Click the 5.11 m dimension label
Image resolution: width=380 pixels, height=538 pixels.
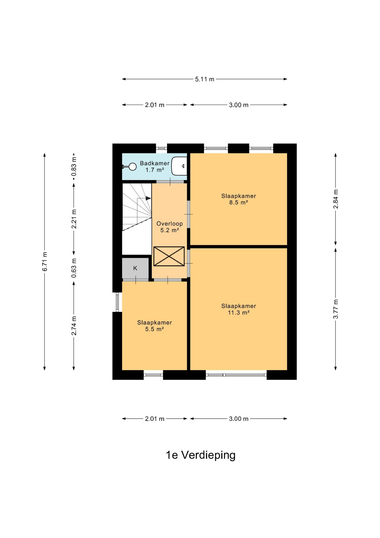205,79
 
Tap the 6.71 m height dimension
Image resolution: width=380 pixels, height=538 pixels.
45,261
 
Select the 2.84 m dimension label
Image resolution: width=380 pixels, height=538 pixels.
336,199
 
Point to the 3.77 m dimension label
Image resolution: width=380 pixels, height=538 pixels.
336,309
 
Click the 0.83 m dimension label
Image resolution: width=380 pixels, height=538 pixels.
74,166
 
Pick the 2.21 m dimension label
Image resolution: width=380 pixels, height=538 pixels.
74,219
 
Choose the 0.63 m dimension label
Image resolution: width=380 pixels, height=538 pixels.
74,268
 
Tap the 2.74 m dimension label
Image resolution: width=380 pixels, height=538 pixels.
74,326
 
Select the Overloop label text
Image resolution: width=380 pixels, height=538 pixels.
170,224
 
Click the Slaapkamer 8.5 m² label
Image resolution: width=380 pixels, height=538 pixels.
239,199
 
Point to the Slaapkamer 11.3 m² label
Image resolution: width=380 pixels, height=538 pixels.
239,309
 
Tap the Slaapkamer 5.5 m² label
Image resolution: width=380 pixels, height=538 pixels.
154,326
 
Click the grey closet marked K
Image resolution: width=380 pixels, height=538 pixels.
135,268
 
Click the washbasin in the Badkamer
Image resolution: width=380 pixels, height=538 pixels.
179,166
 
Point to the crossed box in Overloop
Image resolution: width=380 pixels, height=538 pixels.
169,256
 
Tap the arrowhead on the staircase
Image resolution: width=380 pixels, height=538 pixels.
148,198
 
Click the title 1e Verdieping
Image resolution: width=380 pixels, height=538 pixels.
201,455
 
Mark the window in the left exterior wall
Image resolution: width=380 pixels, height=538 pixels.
118,302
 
